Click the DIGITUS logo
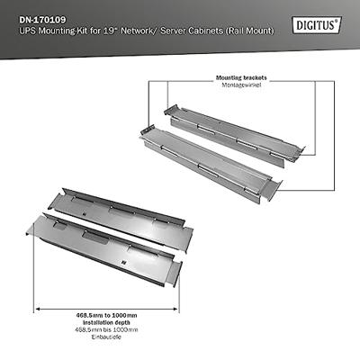317,24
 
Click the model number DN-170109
43,20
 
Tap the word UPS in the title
27,31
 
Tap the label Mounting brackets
241,78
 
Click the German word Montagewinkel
241,85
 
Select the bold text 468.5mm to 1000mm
106,315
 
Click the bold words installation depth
106,322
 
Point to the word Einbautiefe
106,337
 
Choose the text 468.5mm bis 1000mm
106,329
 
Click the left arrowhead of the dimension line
36,309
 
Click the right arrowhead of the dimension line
176,309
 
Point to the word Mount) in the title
261,31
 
